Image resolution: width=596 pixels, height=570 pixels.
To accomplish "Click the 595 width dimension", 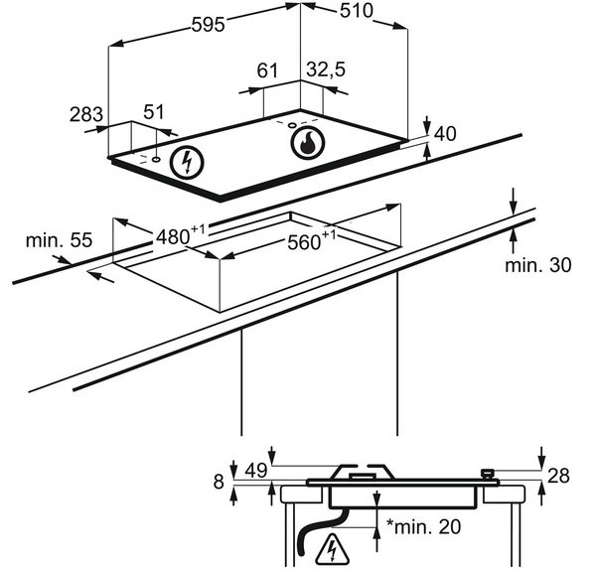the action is tap(208, 25).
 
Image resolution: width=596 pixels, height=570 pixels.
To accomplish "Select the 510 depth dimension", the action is tap(357, 11).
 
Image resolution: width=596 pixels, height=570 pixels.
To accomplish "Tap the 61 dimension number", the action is tap(267, 71).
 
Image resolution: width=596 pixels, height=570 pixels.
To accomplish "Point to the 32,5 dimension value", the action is tap(326, 70).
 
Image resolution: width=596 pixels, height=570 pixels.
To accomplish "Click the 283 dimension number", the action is tap(86, 114).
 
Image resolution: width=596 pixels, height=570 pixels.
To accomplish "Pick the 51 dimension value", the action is tap(154, 112).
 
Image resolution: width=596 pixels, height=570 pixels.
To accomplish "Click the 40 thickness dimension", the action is tap(445, 134).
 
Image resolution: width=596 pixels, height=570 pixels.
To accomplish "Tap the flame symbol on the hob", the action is tap(308, 143).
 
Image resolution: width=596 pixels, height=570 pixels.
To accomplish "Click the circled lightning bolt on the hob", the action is tap(187, 163).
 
